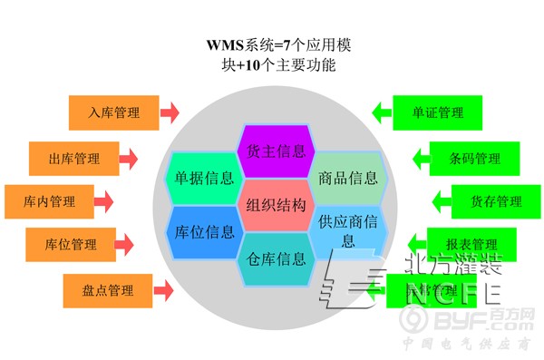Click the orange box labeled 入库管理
113,113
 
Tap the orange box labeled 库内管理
49,201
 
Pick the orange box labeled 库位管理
72,244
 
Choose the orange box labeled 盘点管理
108,290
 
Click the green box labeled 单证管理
437,113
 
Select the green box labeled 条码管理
474,159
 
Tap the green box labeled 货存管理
496,201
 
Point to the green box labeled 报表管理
471,244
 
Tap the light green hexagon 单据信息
203,177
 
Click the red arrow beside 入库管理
170,113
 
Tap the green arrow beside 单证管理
381,113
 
